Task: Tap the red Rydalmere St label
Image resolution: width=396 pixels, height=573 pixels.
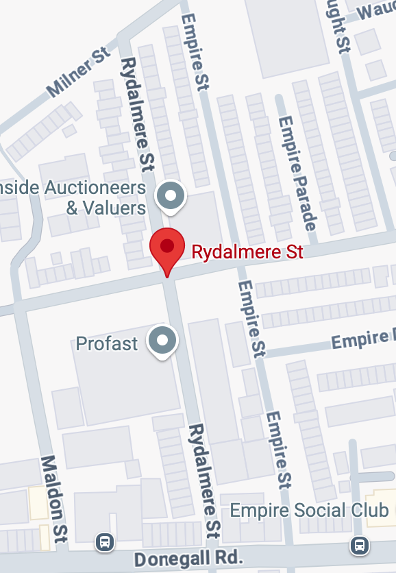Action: pyautogui.click(x=247, y=252)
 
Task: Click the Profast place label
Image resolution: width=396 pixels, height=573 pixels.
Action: pyautogui.click(x=107, y=343)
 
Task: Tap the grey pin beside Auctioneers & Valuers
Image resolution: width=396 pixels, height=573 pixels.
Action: pyautogui.click(x=170, y=197)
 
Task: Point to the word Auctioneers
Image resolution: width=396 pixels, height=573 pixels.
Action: pyautogui.click(x=95, y=188)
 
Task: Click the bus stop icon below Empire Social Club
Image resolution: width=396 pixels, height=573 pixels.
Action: pyautogui.click(x=358, y=546)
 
